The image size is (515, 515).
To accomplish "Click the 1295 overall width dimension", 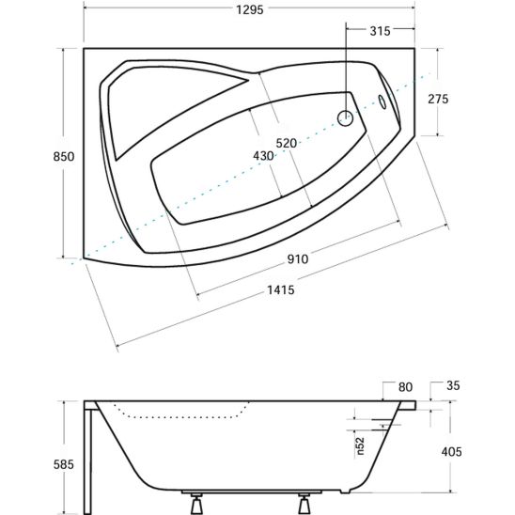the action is point(250,9).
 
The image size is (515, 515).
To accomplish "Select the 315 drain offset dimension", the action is point(380,31).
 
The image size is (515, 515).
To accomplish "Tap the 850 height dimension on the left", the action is point(64,156).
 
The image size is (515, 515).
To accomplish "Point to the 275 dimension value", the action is point(438,99).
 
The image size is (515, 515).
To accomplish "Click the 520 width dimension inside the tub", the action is point(286,143).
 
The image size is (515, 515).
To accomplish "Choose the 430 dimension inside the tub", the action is point(263,156).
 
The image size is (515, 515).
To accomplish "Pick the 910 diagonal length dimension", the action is point(298,259).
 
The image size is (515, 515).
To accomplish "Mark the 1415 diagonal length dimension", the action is point(280,289).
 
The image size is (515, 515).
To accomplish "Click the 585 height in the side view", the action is point(64,464).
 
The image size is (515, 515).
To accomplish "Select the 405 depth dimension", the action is point(452,452).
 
